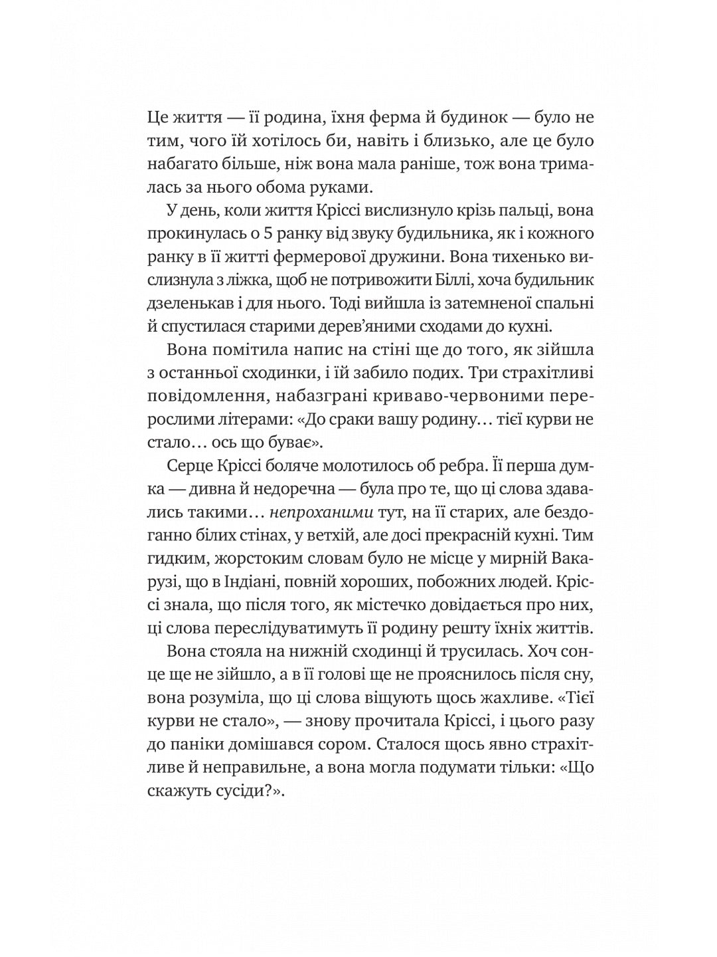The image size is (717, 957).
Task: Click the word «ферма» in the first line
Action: (410, 118)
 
